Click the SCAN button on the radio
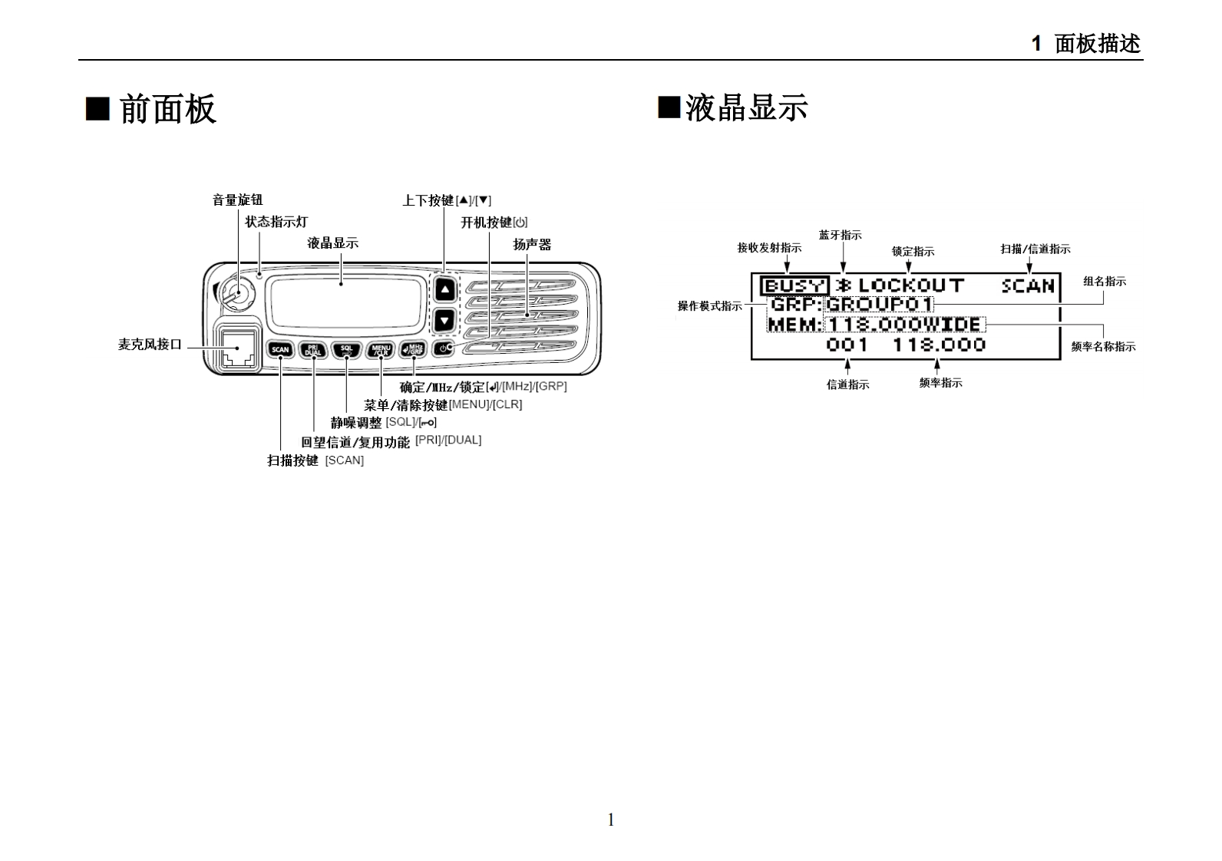280,350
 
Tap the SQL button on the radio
346,350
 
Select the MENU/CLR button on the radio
381,350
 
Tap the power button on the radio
444,349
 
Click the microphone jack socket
237,349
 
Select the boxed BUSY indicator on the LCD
794,286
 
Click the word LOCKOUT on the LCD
911,285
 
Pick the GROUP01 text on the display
879,304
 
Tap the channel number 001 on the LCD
847,345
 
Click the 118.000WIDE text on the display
904,325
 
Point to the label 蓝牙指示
840,235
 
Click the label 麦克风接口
150,345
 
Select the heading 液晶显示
746,107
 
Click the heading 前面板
167,109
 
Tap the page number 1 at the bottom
611,820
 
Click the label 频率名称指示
1103,346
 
